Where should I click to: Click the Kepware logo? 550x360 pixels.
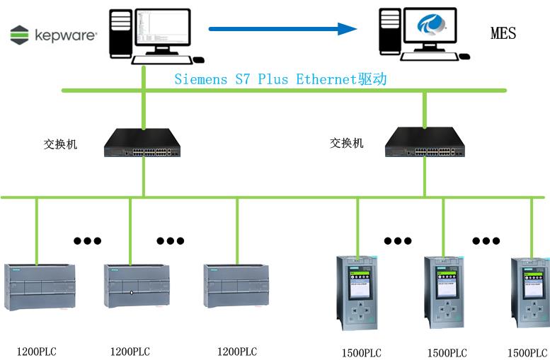click(x=54, y=34)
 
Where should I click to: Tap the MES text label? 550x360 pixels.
click(x=503, y=33)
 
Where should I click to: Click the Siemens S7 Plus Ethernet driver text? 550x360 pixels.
click(x=280, y=79)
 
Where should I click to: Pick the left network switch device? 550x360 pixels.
click(x=142, y=143)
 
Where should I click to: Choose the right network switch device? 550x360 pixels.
click(x=423, y=144)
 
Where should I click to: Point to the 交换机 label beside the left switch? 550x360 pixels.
click(x=61, y=144)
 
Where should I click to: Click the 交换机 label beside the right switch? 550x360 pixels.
click(x=347, y=143)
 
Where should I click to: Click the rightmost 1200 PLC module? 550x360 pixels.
click(x=235, y=286)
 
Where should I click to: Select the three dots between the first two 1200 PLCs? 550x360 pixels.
click(x=87, y=240)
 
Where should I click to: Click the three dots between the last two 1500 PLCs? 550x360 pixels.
click(x=486, y=240)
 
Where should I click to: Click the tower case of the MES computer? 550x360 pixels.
click(x=390, y=32)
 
